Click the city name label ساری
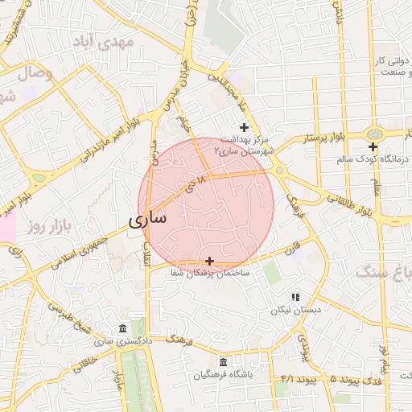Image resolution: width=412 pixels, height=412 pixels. (x=147, y=217)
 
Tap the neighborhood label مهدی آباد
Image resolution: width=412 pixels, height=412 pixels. (x=106, y=41)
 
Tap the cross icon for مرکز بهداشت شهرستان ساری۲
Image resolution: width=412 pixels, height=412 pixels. (x=244, y=127)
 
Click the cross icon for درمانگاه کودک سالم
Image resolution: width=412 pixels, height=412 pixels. (x=373, y=146)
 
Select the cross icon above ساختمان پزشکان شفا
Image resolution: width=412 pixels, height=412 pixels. (x=210, y=261)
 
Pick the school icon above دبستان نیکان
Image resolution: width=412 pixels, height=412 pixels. (x=295, y=297)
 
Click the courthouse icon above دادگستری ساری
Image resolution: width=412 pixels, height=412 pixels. (x=122, y=329)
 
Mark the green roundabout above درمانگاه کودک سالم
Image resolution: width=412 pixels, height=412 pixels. (x=373, y=134)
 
